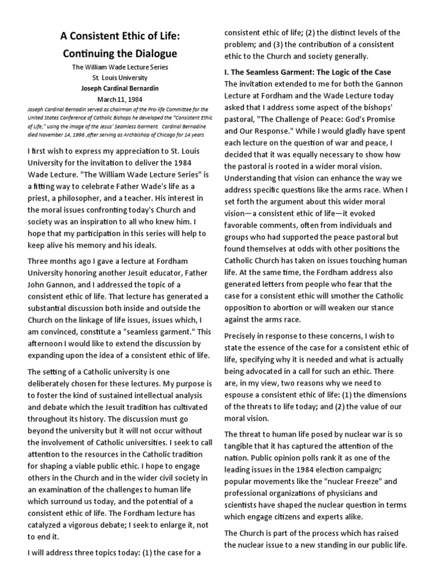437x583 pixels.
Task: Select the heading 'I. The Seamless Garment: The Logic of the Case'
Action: pyautogui.click(x=307, y=72)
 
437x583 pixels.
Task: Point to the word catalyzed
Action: pyautogui.click(x=47, y=513)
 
